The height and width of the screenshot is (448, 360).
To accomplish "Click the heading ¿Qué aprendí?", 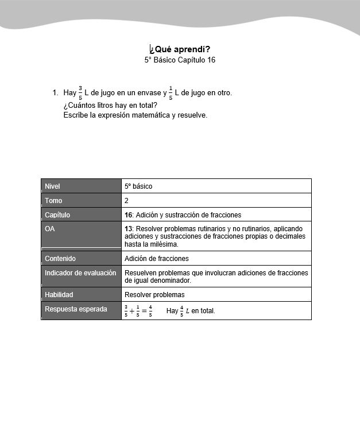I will (180, 49).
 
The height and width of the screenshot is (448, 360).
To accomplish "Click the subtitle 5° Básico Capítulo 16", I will (180, 60).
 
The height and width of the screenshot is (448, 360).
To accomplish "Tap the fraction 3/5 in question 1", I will (80, 92).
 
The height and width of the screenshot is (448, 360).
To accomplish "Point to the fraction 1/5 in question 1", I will (171, 92).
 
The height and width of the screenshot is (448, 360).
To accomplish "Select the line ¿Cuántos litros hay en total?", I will (110, 105).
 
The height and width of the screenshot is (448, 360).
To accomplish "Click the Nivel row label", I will (52, 186).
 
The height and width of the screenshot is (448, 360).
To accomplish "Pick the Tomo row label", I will (53, 201).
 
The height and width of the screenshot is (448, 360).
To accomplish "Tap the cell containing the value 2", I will (127, 201).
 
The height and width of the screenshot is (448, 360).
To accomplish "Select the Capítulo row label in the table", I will (57, 215).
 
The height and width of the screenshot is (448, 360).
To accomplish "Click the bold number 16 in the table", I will (128, 215).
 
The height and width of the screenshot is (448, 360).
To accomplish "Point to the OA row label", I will (50, 229).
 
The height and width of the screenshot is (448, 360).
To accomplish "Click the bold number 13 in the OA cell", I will (128, 229).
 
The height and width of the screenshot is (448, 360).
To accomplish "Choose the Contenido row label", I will (60, 259).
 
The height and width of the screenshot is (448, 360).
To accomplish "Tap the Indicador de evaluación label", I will (80, 273).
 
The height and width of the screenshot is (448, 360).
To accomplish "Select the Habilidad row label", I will (59, 295).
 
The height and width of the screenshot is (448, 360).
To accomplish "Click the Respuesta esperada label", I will (76, 309).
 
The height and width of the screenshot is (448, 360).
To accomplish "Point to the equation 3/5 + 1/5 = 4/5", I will (138, 311).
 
